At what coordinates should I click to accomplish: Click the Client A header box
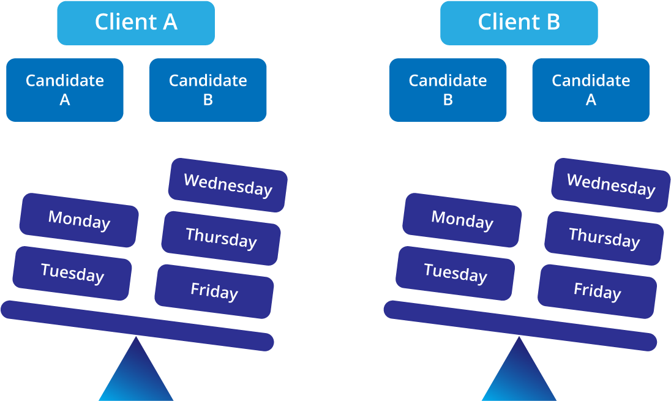136,23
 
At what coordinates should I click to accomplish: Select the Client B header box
519,23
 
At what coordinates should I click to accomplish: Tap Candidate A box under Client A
65,90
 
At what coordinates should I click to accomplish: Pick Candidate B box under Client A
208,90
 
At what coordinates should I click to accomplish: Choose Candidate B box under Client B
448,90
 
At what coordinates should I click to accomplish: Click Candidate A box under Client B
591,90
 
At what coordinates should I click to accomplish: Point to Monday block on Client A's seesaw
79,220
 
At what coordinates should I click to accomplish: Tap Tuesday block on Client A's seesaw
72,273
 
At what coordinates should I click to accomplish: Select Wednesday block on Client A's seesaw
228,185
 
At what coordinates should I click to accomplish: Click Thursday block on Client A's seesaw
221,238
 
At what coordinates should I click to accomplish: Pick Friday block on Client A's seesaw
214,291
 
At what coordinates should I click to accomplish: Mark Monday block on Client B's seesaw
462,220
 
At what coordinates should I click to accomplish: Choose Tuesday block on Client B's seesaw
455,273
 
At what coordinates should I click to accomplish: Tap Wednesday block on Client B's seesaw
610,185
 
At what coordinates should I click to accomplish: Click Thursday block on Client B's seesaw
604,238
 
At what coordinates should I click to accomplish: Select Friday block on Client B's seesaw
597,291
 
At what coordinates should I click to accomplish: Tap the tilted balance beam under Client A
137,326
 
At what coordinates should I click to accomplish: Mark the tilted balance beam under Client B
520,326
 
